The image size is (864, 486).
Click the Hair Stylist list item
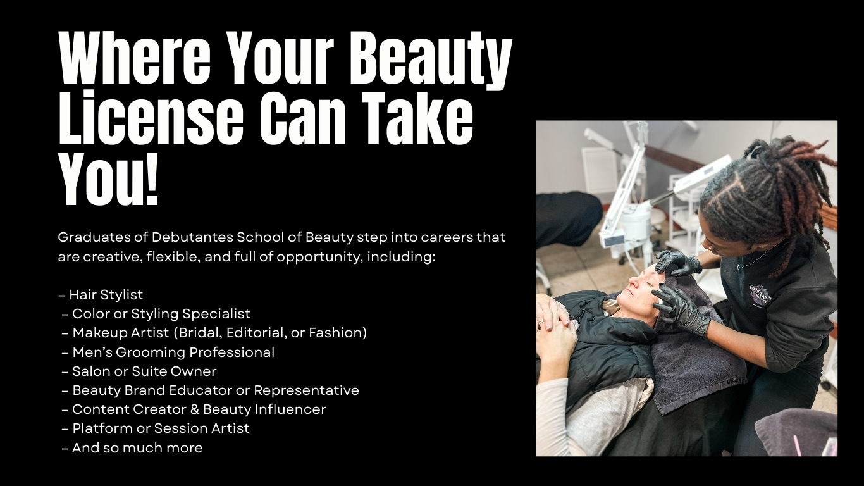coord(101,295)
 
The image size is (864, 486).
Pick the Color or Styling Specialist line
coord(156,314)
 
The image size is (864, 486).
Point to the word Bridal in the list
coord(199,333)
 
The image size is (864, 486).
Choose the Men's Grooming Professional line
coord(168,352)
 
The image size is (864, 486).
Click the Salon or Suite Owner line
coord(139,371)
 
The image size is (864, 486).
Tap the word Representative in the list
coord(306,390)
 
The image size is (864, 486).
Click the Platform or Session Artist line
coord(156,428)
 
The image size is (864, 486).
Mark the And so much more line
coord(132,448)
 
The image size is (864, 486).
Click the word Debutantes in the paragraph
coord(192,237)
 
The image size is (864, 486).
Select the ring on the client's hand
coord(541,321)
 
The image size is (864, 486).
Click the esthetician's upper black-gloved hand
coord(678,263)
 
